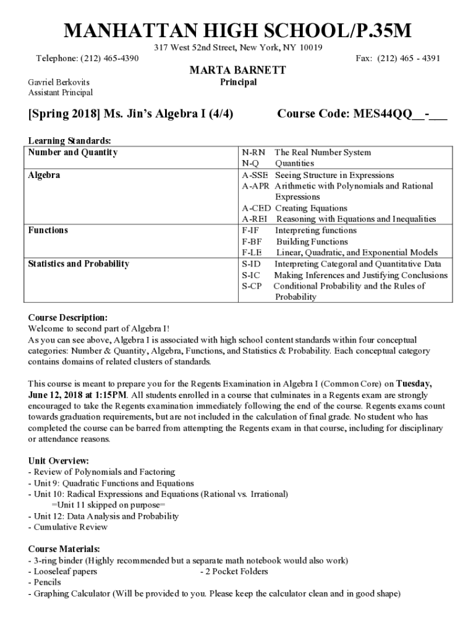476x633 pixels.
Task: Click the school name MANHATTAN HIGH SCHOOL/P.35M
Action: [238, 30]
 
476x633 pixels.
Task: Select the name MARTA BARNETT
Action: [237, 70]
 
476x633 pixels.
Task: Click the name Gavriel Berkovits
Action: [59, 82]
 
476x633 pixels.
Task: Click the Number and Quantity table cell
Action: [73, 153]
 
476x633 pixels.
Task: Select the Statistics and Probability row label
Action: [79, 264]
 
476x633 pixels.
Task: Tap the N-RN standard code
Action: [253, 153]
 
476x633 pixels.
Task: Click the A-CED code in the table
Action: [256, 208]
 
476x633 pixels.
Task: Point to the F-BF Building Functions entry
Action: [294, 242]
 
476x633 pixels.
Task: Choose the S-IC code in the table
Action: [251, 275]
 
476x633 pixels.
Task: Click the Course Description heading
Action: [68, 318]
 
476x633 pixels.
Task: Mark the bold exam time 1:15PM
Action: [110, 394]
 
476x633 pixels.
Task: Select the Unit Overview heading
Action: [59, 461]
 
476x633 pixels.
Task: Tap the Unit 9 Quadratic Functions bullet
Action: [111, 483]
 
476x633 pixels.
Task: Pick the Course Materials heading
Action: [64, 549]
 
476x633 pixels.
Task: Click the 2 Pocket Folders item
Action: [234, 571]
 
